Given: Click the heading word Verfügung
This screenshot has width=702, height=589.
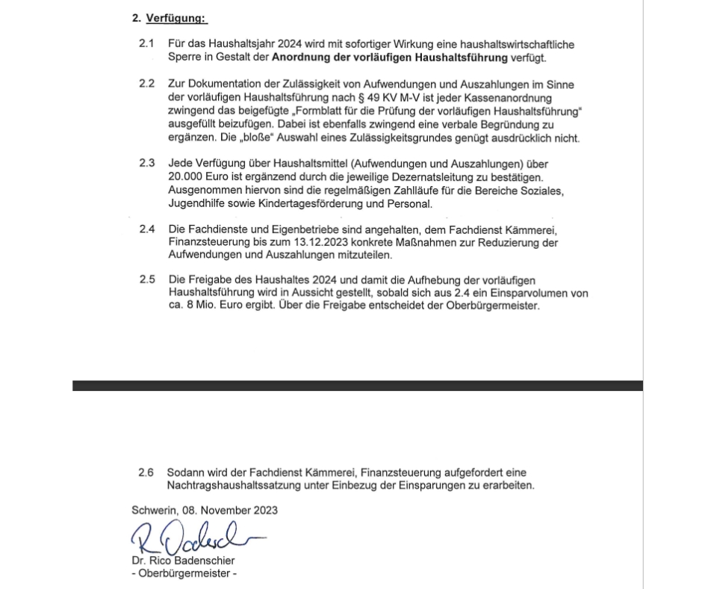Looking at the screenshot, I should click(176, 18).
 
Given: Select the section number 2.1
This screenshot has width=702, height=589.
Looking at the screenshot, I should click(146, 45).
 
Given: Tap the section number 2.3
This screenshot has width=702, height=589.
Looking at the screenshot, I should click(146, 164).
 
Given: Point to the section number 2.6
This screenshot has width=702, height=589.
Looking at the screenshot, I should click(146, 473).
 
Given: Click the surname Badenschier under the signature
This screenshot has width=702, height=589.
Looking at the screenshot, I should click(203, 561).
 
